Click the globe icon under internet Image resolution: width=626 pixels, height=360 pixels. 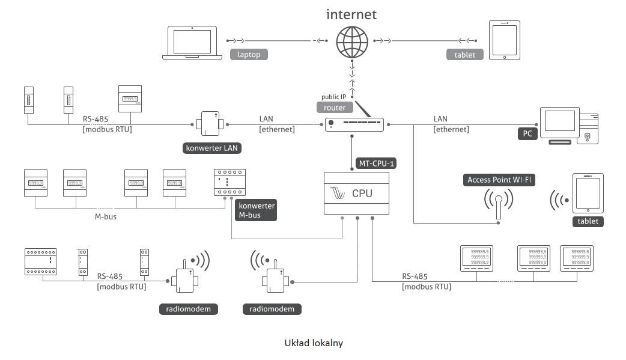[351, 42]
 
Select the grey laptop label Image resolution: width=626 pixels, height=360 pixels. [248, 55]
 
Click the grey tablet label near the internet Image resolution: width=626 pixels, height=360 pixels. [464, 55]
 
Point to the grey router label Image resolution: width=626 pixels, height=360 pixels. [334, 108]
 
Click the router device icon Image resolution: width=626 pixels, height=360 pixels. [354, 124]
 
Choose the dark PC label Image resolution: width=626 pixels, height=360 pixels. [527, 134]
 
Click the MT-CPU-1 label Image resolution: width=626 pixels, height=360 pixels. [376, 162]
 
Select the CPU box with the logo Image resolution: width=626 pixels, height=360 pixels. [356, 194]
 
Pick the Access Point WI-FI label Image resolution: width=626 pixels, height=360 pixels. [500, 180]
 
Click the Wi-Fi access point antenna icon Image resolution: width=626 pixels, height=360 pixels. [498, 206]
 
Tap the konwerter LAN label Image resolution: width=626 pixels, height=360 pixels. [207, 148]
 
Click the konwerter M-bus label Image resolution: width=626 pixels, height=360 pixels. [257, 210]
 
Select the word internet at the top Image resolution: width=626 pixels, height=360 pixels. [351, 14]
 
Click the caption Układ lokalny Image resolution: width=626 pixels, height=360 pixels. [313, 343]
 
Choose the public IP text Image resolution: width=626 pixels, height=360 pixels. [335, 96]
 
